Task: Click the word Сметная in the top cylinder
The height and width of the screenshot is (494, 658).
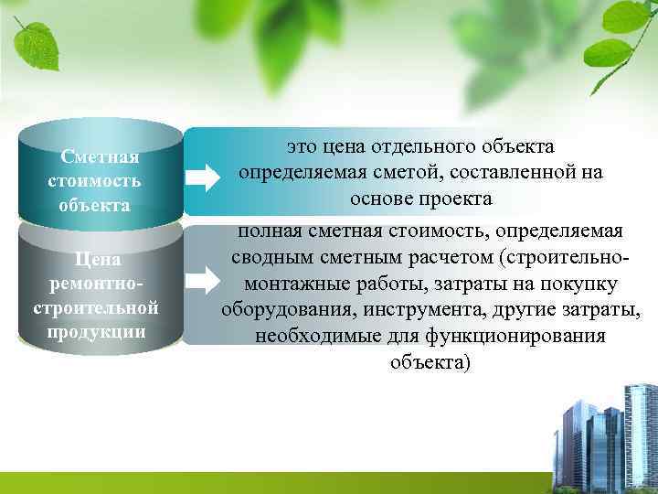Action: tap(99, 156)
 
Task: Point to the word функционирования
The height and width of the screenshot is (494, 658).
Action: tap(516, 336)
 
